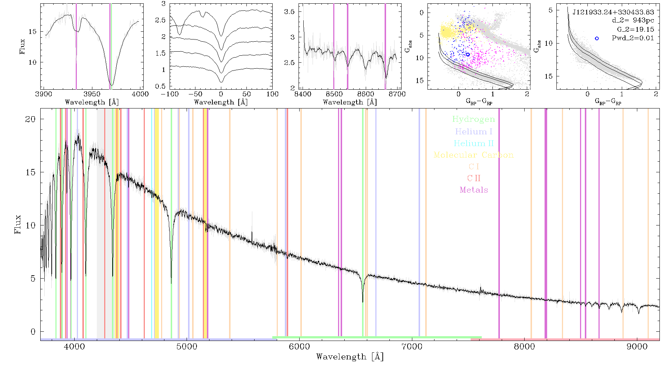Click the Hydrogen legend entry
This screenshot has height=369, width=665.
pos(474,119)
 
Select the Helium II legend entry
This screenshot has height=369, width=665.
pos(474,143)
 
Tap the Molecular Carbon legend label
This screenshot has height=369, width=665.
pos(474,155)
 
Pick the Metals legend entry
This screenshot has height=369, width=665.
pos(474,190)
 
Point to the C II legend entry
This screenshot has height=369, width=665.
pos(474,178)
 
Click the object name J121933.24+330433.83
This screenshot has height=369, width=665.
pos(613,12)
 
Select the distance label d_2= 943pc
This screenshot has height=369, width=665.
pos(633,21)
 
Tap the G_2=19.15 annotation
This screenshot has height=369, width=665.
pos(635,30)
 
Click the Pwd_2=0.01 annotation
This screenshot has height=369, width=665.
pos(633,38)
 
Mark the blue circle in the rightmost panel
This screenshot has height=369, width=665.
pos(597,38)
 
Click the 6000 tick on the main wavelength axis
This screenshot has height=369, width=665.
pos(299,347)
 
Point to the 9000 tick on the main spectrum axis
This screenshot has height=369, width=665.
pos(637,347)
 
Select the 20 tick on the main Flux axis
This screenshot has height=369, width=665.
pos(30,119)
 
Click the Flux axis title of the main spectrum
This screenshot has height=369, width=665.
pos(17,224)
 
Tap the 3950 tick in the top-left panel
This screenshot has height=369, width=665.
pos(92,94)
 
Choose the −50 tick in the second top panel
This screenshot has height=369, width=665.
pos(195,94)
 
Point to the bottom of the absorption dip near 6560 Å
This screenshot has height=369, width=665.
pos(362,302)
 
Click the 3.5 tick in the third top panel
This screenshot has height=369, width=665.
pos(289,12)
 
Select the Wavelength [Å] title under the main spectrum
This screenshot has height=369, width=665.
pos(350,357)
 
